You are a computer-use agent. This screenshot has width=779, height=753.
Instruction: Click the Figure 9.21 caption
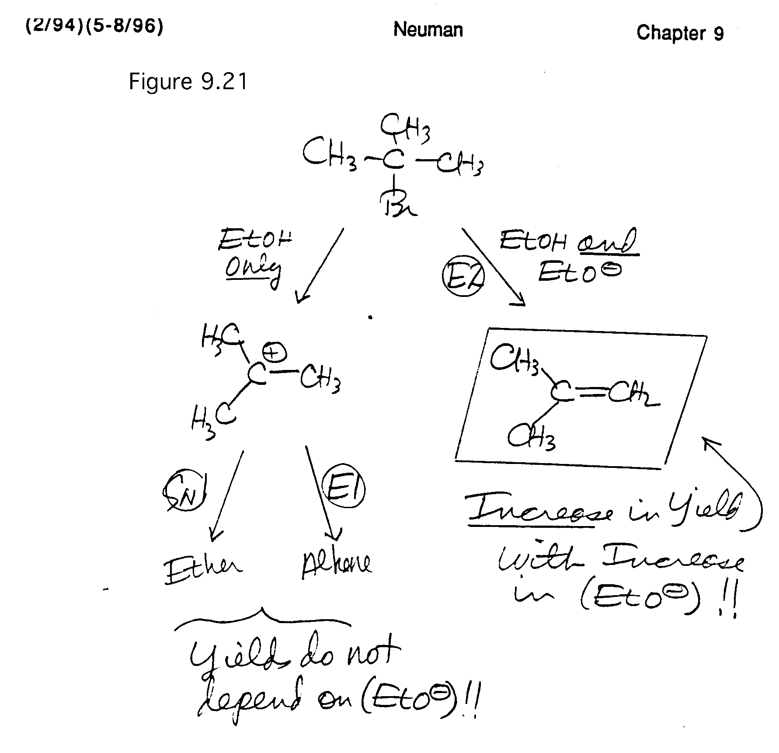[188, 82]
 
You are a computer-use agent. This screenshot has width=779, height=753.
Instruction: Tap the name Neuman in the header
[428, 30]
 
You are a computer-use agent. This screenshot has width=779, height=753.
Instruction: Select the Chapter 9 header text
[680, 33]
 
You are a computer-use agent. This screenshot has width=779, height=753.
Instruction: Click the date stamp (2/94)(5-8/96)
[94, 27]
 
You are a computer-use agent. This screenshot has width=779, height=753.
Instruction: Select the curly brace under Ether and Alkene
[262, 617]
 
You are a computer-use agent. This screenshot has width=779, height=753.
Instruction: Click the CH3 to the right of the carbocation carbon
[320, 379]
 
